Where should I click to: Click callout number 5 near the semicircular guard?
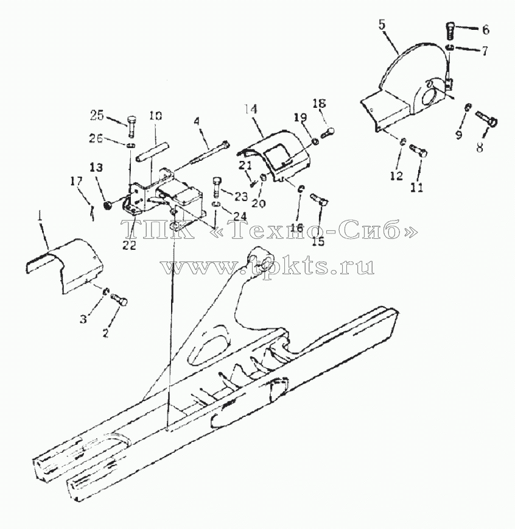pos(382,26)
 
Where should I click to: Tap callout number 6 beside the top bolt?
pos(485,30)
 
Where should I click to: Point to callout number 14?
pos(251,110)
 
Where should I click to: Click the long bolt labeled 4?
pos(209,154)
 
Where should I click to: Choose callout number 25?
pos(98,115)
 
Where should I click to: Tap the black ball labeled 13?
pos(108,205)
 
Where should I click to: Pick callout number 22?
pos(129,245)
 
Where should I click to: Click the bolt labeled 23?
pos(217,188)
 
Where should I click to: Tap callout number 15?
pos(318,241)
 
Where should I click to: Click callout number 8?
pos(480,147)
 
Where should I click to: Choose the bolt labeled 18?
pos(328,132)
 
